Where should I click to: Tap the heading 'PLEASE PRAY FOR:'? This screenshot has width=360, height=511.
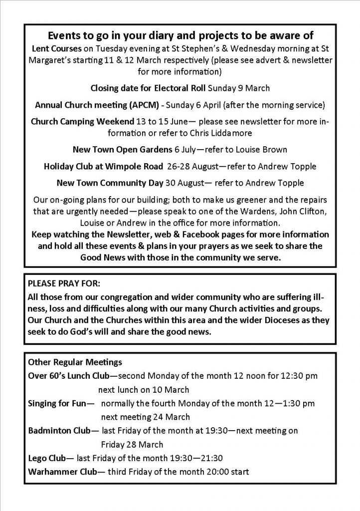(x=64, y=283)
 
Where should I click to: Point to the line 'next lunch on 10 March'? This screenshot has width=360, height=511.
(x=144, y=389)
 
